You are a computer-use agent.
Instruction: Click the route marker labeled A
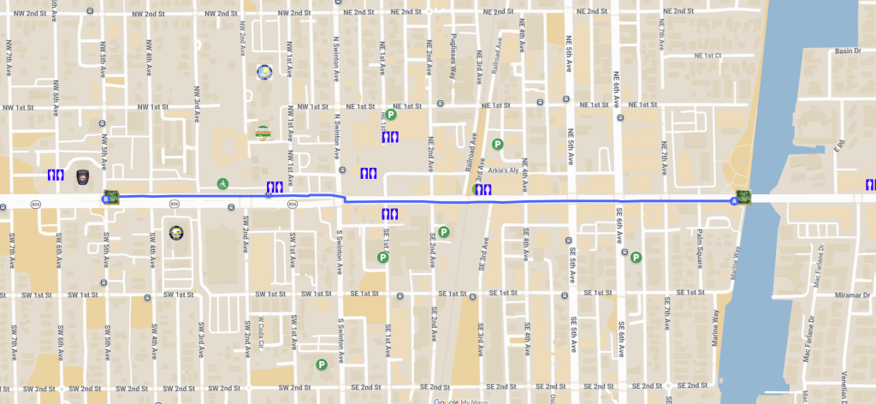point(733,200)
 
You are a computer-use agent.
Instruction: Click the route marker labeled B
point(105,199)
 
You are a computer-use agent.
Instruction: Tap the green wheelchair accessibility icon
point(222,183)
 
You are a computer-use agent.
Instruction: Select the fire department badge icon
point(83,176)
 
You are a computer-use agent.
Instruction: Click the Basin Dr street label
point(847,51)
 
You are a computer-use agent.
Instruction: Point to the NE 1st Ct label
point(708,56)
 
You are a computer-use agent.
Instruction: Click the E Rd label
point(838,148)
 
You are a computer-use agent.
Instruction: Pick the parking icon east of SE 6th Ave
point(636,257)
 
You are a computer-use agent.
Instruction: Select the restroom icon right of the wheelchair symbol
point(275,187)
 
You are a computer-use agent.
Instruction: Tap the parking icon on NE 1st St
point(390,115)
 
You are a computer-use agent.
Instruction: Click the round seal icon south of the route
point(175,232)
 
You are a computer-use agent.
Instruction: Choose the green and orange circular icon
point(263,133)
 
